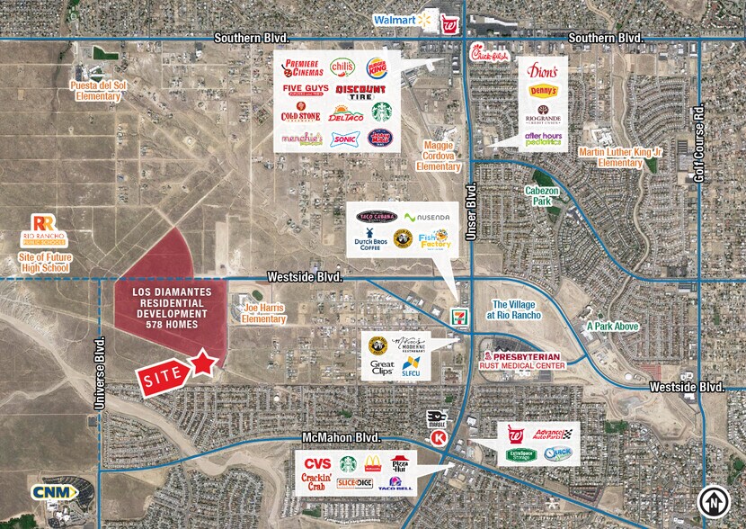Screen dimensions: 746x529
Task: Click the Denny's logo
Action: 542,91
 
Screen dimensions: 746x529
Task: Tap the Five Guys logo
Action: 300,89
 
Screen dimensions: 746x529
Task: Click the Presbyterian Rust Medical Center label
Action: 523,361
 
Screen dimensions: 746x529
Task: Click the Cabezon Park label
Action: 542,196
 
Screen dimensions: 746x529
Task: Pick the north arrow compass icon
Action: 712,500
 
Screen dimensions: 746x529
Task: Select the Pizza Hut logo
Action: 401,464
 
